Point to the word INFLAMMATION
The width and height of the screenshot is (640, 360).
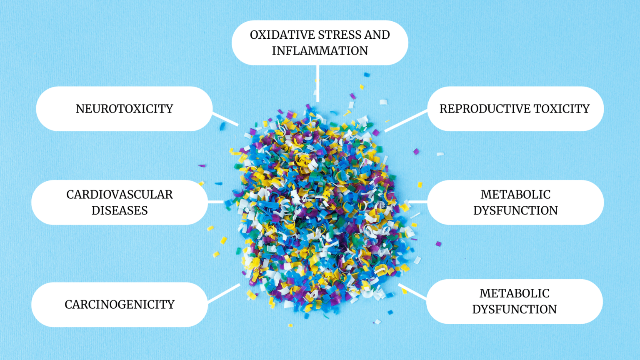320,51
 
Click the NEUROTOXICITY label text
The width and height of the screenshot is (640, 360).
124,109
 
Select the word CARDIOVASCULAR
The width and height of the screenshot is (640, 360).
120,195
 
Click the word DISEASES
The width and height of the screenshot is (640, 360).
120,210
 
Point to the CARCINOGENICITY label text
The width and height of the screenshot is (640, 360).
120,305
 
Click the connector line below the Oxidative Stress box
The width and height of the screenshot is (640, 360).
318,83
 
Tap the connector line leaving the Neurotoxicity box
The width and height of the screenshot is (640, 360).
225,119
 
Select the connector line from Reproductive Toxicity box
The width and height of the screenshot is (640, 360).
406,121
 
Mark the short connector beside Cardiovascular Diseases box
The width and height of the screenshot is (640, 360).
216,202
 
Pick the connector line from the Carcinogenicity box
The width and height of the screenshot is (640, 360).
224,293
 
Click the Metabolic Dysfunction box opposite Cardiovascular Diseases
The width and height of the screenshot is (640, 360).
515,202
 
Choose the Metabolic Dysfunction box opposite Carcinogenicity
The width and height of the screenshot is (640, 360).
514,301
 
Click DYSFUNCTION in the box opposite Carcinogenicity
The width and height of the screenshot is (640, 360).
514,309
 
